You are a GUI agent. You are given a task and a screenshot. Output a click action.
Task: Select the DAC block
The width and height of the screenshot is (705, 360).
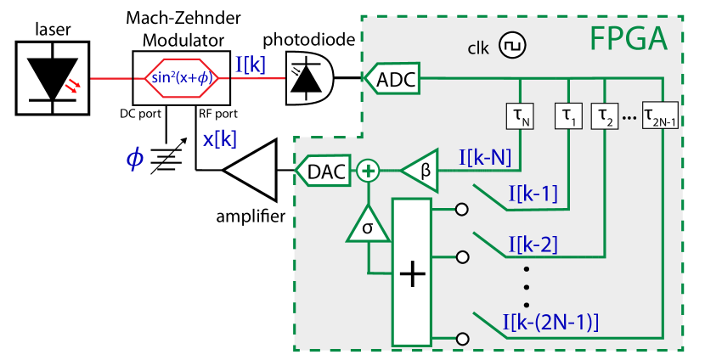[323, 172]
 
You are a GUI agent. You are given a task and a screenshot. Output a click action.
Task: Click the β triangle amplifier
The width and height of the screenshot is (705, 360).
[420, 172]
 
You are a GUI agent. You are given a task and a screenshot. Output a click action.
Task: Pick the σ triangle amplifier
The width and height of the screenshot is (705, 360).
[367, 226]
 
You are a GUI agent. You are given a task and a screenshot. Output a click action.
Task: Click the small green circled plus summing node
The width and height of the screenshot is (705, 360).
[367, 172]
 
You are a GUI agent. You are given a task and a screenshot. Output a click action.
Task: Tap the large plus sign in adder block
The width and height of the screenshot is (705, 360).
[412, 274]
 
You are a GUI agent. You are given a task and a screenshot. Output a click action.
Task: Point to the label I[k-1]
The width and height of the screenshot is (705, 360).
[532, 194]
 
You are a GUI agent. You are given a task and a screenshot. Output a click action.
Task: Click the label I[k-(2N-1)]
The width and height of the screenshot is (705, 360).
[550, 322]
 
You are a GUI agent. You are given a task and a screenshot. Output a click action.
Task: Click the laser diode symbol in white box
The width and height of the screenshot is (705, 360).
[54, 77]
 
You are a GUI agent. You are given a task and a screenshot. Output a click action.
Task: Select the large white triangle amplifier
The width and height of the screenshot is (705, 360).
[253, 171]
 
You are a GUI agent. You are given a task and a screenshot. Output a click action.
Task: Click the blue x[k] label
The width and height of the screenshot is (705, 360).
[219, 139]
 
